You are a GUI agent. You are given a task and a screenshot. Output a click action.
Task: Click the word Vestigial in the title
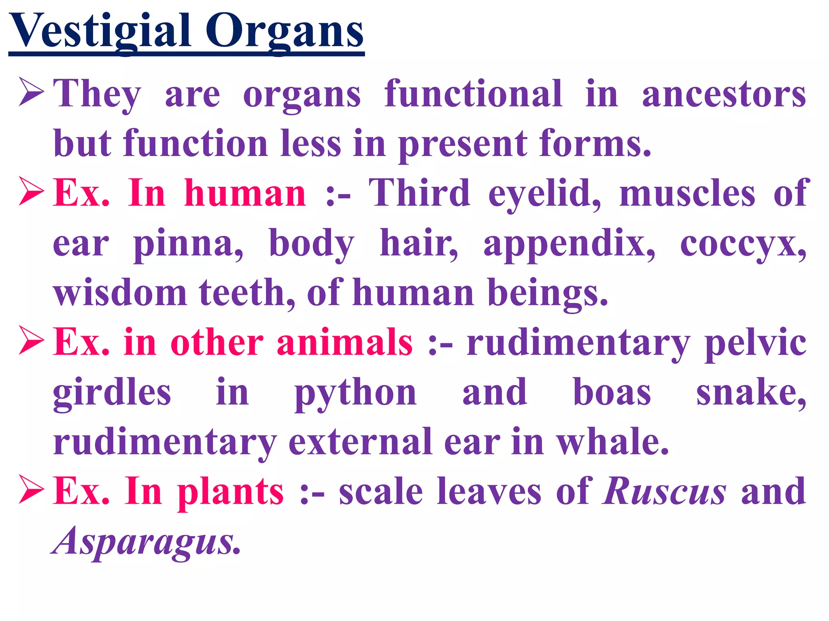click(x=100, y=32)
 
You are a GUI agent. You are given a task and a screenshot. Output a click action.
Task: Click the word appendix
click(x=569, y=244)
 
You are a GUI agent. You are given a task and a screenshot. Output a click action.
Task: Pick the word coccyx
click(x=743, y=245)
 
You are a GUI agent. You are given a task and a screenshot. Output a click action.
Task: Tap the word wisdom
click(x=120, y=293)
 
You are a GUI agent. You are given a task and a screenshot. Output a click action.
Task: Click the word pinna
click(x=188, y=244)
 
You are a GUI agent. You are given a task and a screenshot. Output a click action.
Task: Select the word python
click(x=355, y=393)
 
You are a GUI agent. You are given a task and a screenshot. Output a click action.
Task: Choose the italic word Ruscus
click(x=664, y=492)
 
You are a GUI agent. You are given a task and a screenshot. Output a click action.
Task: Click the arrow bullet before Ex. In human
click(x=31, y=192)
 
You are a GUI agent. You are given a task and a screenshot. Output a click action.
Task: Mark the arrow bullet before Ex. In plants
click(x=31, y=490)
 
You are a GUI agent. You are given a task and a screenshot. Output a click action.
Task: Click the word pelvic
click(x=755, y=343)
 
